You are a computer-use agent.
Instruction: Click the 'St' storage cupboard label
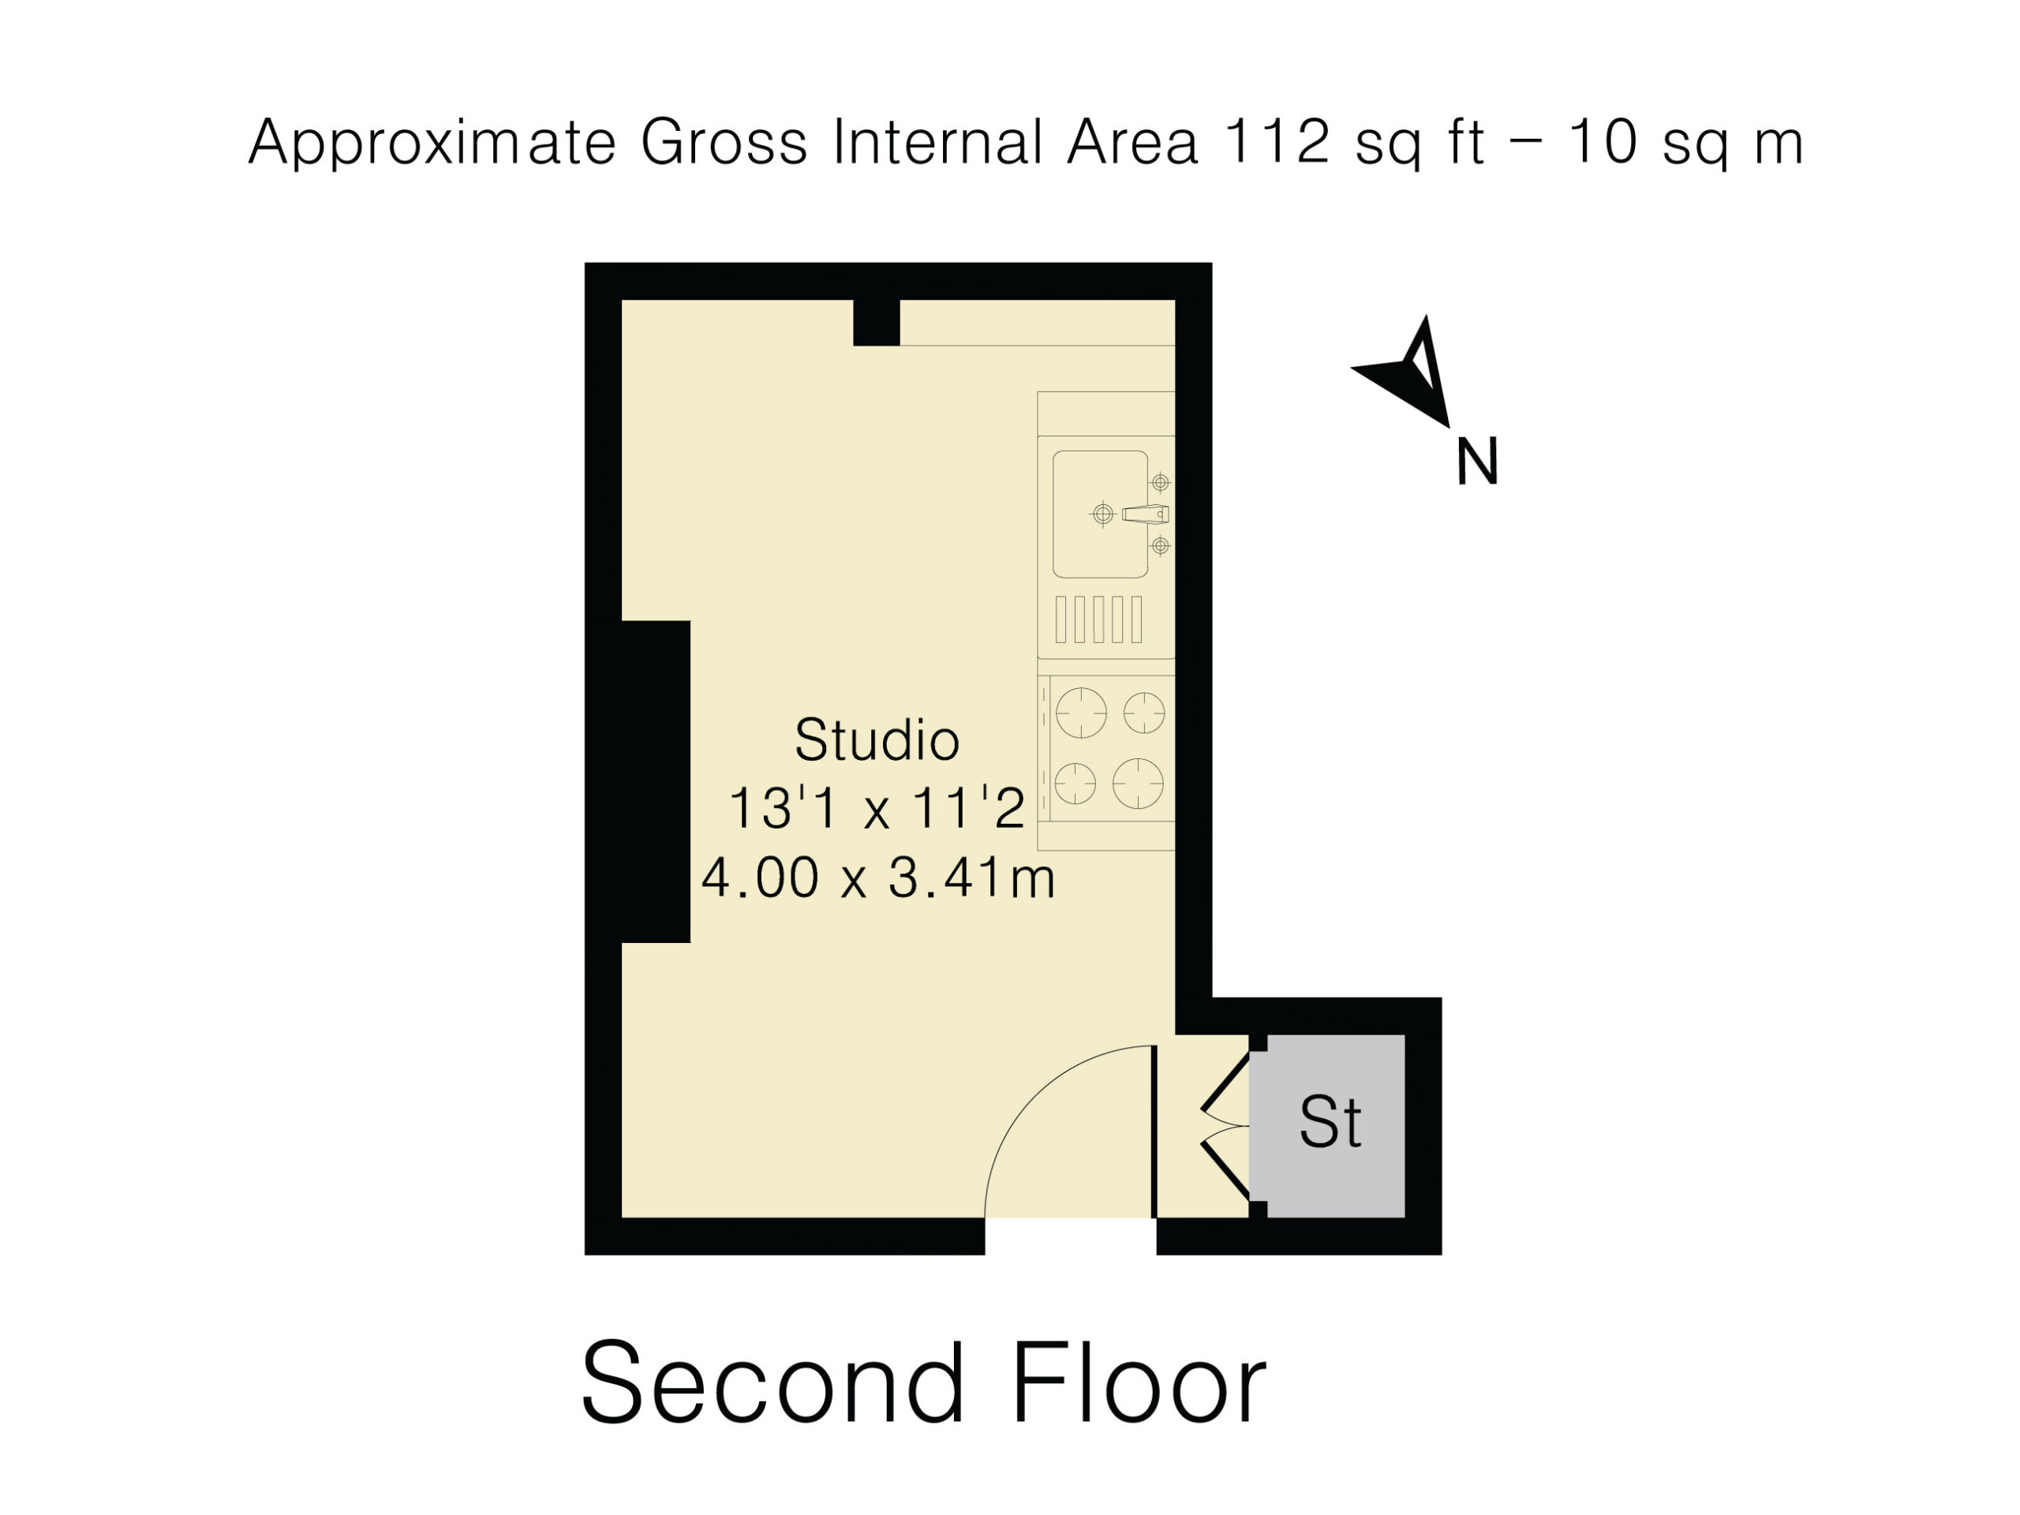(1330, 1122)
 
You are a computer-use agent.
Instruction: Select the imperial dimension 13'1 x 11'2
(877, 808)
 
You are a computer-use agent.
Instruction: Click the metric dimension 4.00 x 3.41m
(877, 878)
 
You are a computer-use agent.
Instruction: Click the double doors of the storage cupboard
(1225, 1126)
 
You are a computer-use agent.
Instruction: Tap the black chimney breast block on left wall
(655, 782)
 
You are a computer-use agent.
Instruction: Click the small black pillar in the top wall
(877, 323)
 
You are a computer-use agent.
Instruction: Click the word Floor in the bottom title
(1139, 1382)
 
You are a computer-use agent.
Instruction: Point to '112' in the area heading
(1276, 141)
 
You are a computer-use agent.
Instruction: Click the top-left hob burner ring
(1080, 713)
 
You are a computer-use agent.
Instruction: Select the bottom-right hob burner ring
(1138, 784)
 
